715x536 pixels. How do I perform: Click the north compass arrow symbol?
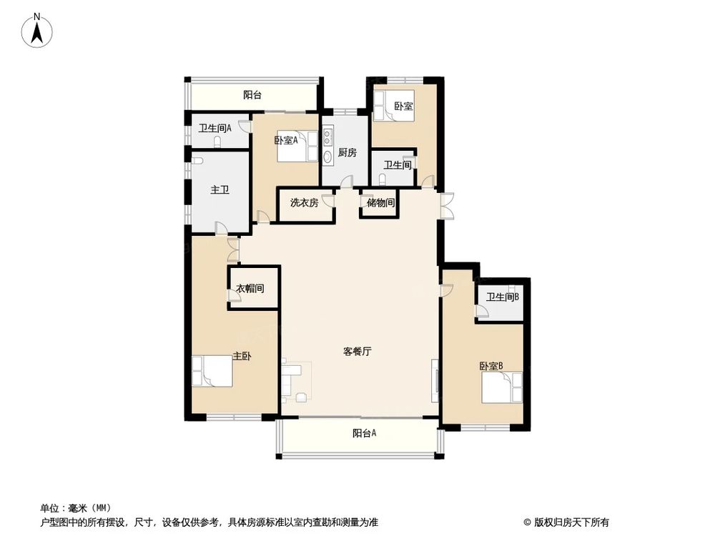(x=38, y=31)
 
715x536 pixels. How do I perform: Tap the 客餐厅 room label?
(x=357, y=352)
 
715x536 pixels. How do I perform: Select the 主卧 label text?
(x=242, y=355)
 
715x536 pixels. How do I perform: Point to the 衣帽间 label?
(x=250, y=289)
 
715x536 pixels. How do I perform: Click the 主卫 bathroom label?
(x=219, y=191)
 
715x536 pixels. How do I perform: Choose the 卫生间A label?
(x=214, y=129)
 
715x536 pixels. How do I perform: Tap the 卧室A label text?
(x=285, y=140)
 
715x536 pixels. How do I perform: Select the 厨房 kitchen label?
(x=347, y=153)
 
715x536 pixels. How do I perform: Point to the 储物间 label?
(x=380, y=202)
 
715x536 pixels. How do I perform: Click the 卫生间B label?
(x=503, y=297)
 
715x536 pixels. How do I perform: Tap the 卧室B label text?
(x=491, y=366)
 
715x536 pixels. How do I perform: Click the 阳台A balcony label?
(x=365, y=433)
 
